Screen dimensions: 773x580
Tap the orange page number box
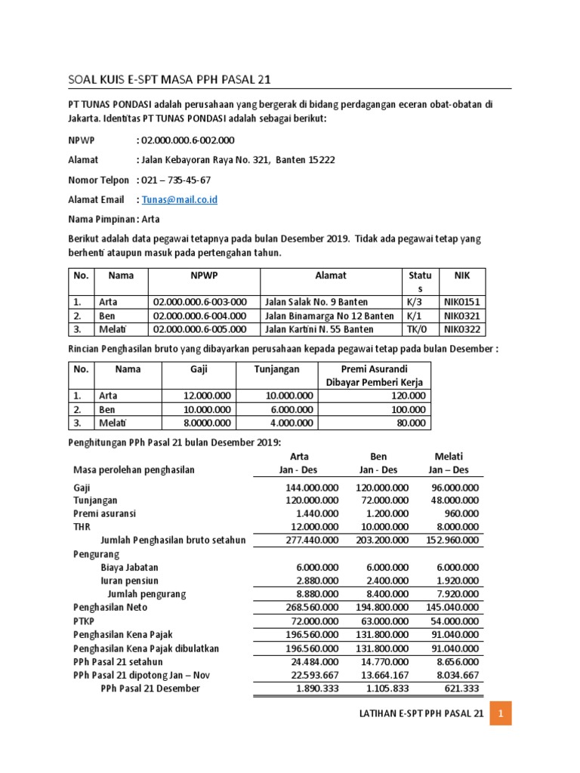pyautogui.click(x=501, y=713)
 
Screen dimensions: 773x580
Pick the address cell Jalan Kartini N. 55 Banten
pyautogui.click(x=319, y=329)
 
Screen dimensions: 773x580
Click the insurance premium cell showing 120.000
pyautogui.click(x=409, y=396)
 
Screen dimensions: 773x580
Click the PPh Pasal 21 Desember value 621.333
pyautogui.click(x=459, y=688)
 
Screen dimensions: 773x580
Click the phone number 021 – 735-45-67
pyautogui.click(x=176, y=180)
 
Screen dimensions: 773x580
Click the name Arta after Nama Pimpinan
pyautogui.click(x=151, y=219)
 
